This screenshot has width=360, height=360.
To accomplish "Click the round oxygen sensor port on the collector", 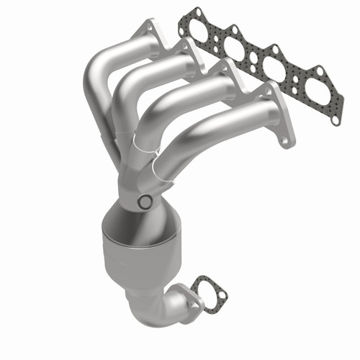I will click(144, 202).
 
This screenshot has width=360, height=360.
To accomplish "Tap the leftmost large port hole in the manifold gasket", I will click(199, 31).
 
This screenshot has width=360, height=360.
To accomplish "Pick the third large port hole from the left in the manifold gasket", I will click(274, 68).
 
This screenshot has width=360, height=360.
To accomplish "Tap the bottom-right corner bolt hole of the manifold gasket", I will click(336, 120).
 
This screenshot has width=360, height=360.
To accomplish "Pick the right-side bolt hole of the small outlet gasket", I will click(222, 294).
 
